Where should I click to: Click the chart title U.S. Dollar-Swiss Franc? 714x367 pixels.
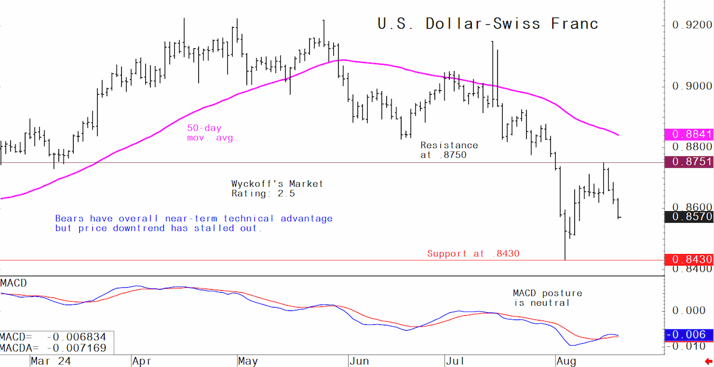[488, 24]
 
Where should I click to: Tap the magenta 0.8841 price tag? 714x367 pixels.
[689, 134]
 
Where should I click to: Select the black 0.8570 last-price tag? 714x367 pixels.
[689, 217]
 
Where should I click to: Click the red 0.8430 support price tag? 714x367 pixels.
[689, 260]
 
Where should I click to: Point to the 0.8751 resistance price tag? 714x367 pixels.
[689, 162]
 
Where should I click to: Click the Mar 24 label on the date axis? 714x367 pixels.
[51, 361]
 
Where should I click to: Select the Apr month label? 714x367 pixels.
[142, 362]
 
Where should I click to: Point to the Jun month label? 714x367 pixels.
[359, 361]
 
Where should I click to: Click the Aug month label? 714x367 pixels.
[566, 362]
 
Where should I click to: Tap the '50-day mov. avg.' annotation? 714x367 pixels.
[212, 133]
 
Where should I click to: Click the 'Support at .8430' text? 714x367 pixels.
[474, 253]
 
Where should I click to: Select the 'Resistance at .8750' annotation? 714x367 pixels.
[449, 150]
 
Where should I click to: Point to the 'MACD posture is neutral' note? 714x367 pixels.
[547, 298]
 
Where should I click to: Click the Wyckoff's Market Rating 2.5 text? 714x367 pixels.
[277, 189]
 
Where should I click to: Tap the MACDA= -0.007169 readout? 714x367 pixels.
[53, 348]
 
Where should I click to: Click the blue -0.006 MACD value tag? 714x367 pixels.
[689, 335]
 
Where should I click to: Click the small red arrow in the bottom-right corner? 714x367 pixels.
[709, 362]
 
